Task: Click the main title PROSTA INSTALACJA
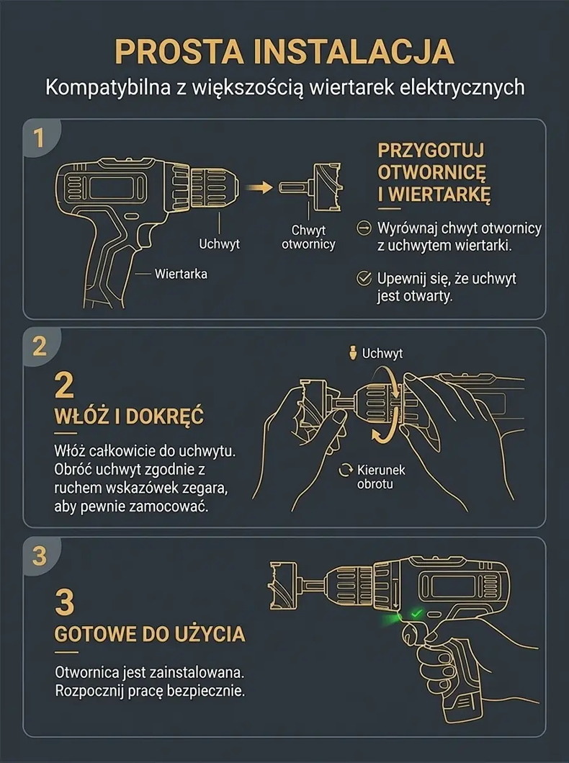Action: click(284, 51)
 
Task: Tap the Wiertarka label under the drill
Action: click(181, 274)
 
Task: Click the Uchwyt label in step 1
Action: click(220, 244)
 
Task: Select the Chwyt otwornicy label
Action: click(308, 237)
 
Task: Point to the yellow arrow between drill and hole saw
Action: click(259, 187)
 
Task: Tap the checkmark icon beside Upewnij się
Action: click(364, 278)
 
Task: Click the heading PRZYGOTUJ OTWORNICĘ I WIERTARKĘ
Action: click(434, 172)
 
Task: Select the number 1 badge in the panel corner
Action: click(40, 138)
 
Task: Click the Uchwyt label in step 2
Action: click(382, 353)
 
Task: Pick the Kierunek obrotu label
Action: click(381, 477)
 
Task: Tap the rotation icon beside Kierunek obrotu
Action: click(345, 470)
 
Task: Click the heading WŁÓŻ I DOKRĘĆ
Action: click(129, 416)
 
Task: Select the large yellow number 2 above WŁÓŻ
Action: click(65, 385)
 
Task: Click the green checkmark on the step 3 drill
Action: click(416, 614)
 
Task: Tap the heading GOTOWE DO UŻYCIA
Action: click(150, 634)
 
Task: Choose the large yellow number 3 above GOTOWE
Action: click(65, 602)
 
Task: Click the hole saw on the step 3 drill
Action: click(284, 585)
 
